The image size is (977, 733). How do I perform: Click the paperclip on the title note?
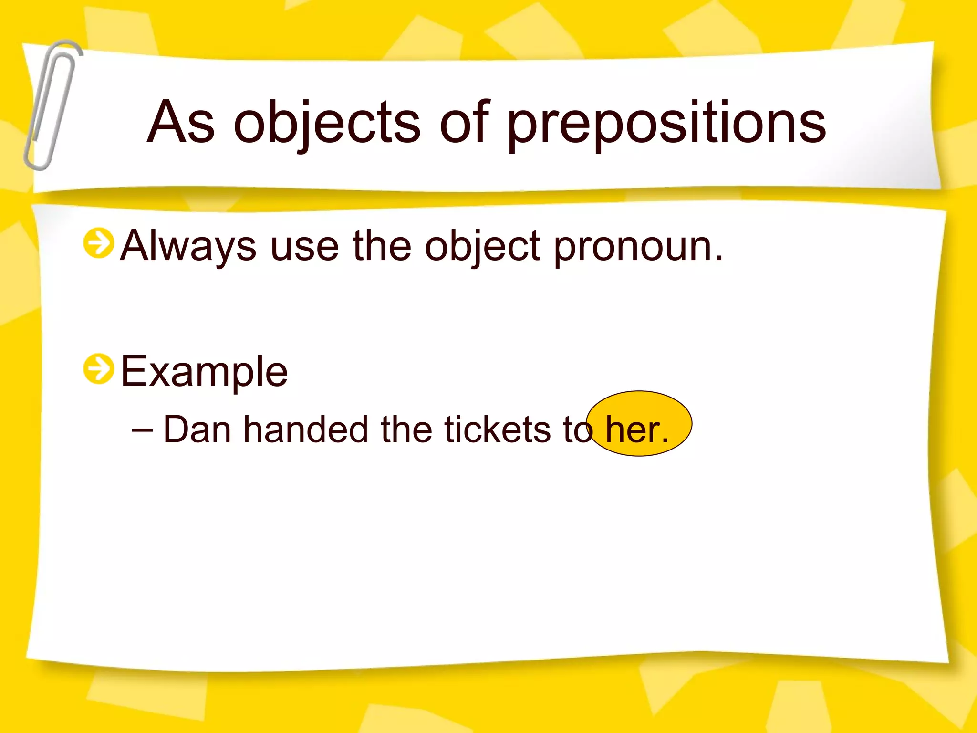point(52,105)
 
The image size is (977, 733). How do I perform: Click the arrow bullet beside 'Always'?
point(99,243)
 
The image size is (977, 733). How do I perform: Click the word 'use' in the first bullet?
point(304,246)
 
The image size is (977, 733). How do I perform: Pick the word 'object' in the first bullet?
point(482,246)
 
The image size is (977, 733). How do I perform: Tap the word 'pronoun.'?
point(638,246)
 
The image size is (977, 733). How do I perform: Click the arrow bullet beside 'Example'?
point(99,369)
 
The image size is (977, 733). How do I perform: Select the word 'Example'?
point(204,372)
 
